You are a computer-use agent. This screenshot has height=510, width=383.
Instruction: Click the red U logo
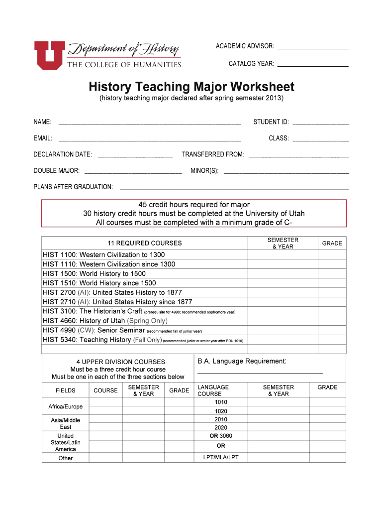48,55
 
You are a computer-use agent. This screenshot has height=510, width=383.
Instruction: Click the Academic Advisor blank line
312,48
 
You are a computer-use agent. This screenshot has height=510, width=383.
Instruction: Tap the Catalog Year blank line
312,66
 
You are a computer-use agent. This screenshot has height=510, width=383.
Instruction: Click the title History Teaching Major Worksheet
191,87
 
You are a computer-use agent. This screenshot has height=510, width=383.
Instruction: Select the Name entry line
150,124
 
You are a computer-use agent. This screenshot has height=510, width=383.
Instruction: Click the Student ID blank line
321,124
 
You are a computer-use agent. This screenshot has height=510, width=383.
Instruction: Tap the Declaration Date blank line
135,156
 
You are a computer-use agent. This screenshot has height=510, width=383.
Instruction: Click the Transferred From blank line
298,156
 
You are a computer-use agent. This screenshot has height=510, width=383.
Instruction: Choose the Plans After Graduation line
234,189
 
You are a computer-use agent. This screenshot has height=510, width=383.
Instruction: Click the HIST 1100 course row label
104,255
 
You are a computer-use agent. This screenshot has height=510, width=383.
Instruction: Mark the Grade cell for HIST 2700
332,292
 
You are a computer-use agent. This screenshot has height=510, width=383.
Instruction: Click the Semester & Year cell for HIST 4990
283,330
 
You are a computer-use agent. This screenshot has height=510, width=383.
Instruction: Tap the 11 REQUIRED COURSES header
145,244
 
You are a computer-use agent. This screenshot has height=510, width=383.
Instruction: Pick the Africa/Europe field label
66,407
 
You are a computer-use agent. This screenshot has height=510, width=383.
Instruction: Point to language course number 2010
221,419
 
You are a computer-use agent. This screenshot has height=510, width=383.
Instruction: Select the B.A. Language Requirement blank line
260,372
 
